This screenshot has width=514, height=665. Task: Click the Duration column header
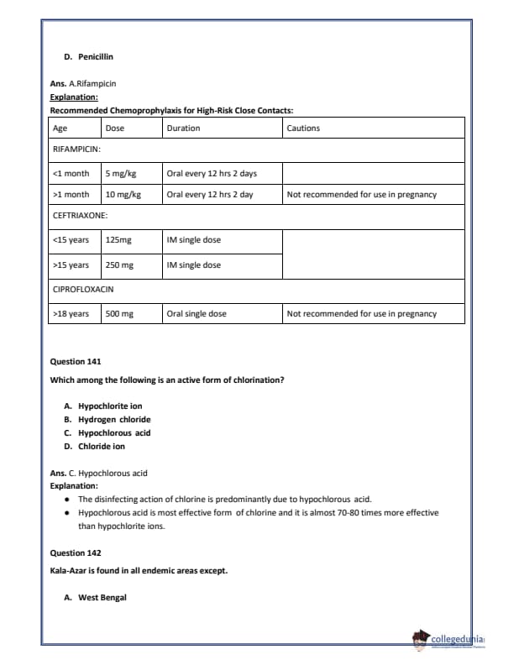coord(183,128)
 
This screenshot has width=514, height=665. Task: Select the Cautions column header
coord(303,128)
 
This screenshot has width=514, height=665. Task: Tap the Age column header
coord(60,128)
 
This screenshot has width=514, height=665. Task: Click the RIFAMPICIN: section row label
coord(76,149)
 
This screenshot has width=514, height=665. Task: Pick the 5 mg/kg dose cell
coord(121,174)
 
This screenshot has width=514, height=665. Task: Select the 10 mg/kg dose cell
coord(123,194)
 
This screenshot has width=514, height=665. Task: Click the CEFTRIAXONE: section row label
coord(80,215)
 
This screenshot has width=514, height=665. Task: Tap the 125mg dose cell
coord(118,239)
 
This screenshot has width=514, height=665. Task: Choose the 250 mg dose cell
coord(120,264)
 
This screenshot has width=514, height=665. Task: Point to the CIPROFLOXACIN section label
coord(83,289)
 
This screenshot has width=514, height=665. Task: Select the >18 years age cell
coord(71,313)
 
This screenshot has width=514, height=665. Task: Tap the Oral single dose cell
coord(197,313)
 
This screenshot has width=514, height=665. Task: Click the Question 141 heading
coord(76,361)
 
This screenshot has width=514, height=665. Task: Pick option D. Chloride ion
coord(95,446)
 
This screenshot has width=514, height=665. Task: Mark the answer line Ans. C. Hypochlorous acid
coord(98,474)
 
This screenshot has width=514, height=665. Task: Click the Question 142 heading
coord(76,552)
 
